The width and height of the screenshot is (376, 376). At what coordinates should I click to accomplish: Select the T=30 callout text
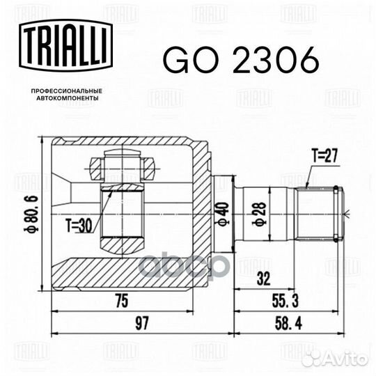pos(81,225)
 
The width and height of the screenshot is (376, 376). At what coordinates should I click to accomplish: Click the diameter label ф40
pos(221,212)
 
